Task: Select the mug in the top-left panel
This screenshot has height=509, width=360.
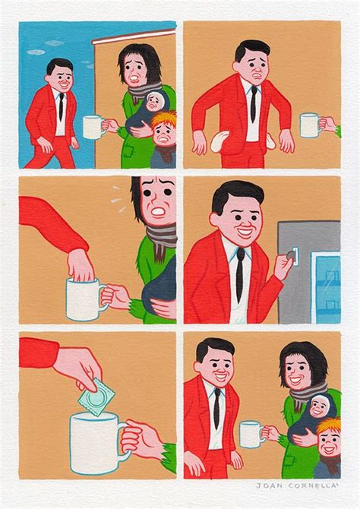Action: tap(92, 127)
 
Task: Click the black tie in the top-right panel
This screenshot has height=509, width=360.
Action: tap(252, 102)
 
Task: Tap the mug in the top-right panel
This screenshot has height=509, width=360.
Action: tap(309, 125)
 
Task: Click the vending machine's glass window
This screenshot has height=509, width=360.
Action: tap(327, 278)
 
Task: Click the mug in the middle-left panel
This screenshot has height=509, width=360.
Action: tap(84, 297)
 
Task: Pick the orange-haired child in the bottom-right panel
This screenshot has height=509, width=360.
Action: tap(329, 441)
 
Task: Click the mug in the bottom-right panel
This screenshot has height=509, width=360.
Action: tap(250, 435)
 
